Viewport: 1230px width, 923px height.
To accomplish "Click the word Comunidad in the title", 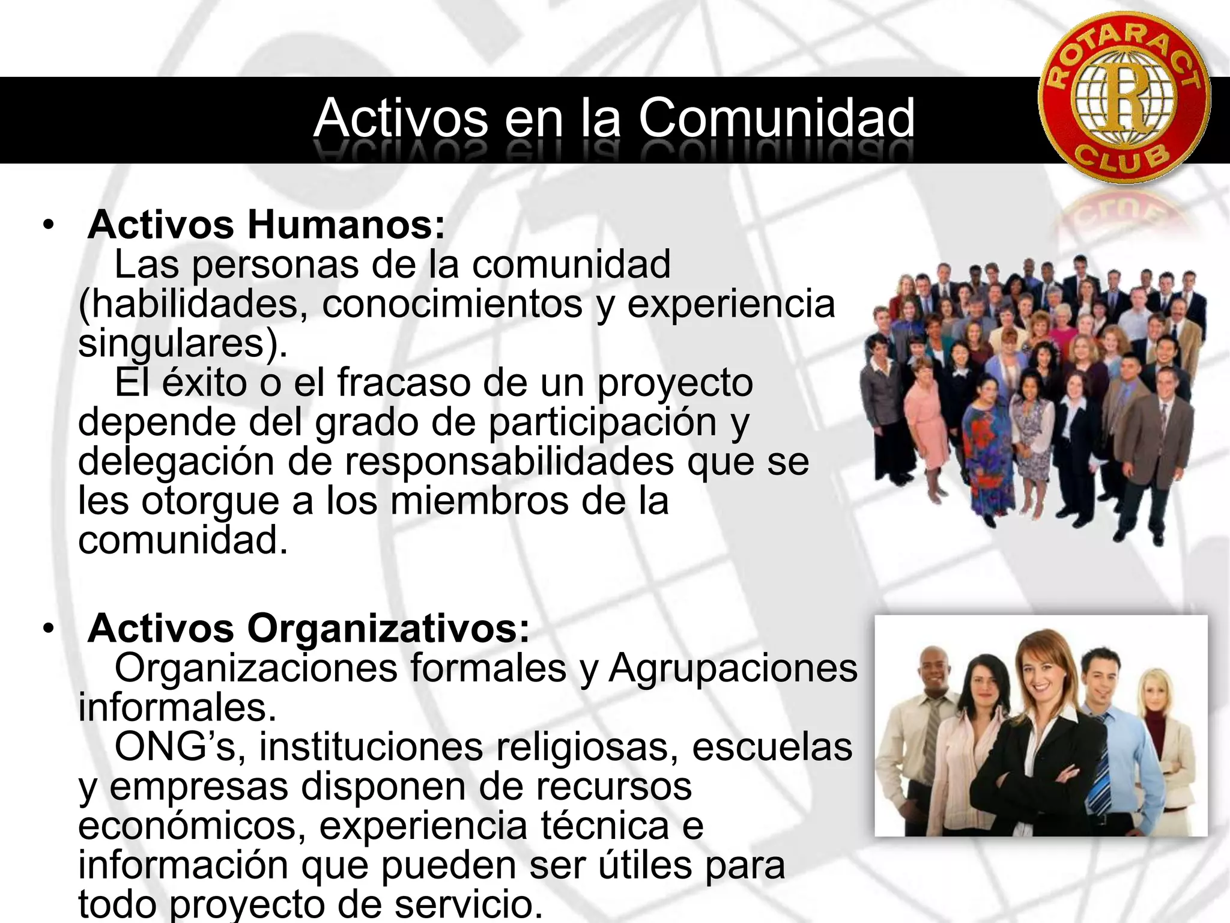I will [776, 118].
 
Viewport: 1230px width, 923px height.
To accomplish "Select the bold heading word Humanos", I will [346, 225].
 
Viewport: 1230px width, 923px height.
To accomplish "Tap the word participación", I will [602, 422].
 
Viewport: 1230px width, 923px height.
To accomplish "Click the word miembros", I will [479, 501].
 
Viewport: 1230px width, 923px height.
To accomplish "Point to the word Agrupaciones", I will [733, 668].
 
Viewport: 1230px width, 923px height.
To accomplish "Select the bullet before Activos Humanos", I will [48, 226].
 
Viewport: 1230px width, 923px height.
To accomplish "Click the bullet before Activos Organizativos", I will [48, 630].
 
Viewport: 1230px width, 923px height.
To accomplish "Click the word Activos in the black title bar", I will [401, 118].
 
